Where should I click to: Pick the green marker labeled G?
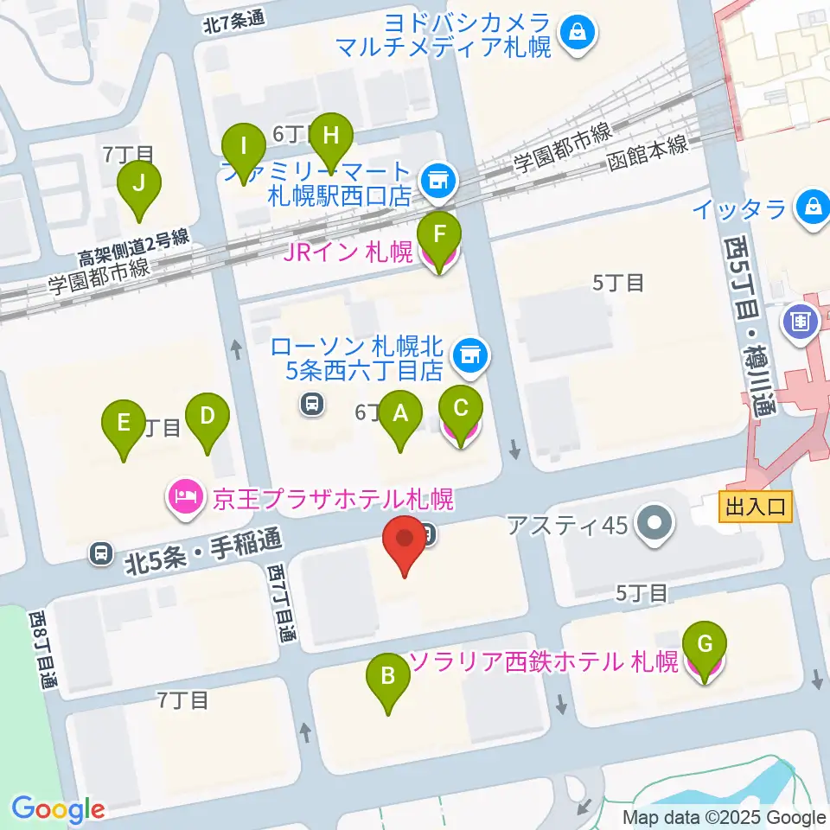(705, 645)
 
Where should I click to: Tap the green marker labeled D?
(207, 416)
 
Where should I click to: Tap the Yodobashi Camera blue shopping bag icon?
(575, 34)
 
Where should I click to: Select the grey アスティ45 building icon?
(654, 523)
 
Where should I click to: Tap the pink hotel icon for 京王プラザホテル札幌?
(185, 499)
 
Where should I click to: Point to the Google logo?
(58, 810)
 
